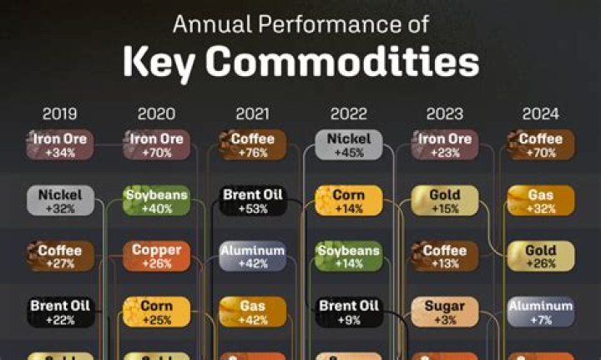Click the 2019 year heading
[x=60, y=114]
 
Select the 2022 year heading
[x=348, y=114]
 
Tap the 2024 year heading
[x=540, y=114]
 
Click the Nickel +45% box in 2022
[x=349, y=145]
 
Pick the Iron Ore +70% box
[x=156, y=145]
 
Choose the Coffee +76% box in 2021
[x=253, y=145]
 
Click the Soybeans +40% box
[x=156, y=201]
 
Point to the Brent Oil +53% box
[x=253, y=201]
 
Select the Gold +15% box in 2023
[x=445, y=201]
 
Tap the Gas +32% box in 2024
[x=541, y=201]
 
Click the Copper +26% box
[x=156, y=256]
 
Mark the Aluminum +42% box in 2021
[x=253, y=256]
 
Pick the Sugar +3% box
[x=445, y=312]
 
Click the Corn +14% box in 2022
[x=349, y=201]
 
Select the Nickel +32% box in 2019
[x=60, y=201]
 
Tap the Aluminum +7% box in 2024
[x=541, y=312]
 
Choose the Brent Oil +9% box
[x=349, y=312]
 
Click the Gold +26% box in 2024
[x=541, y=256]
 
